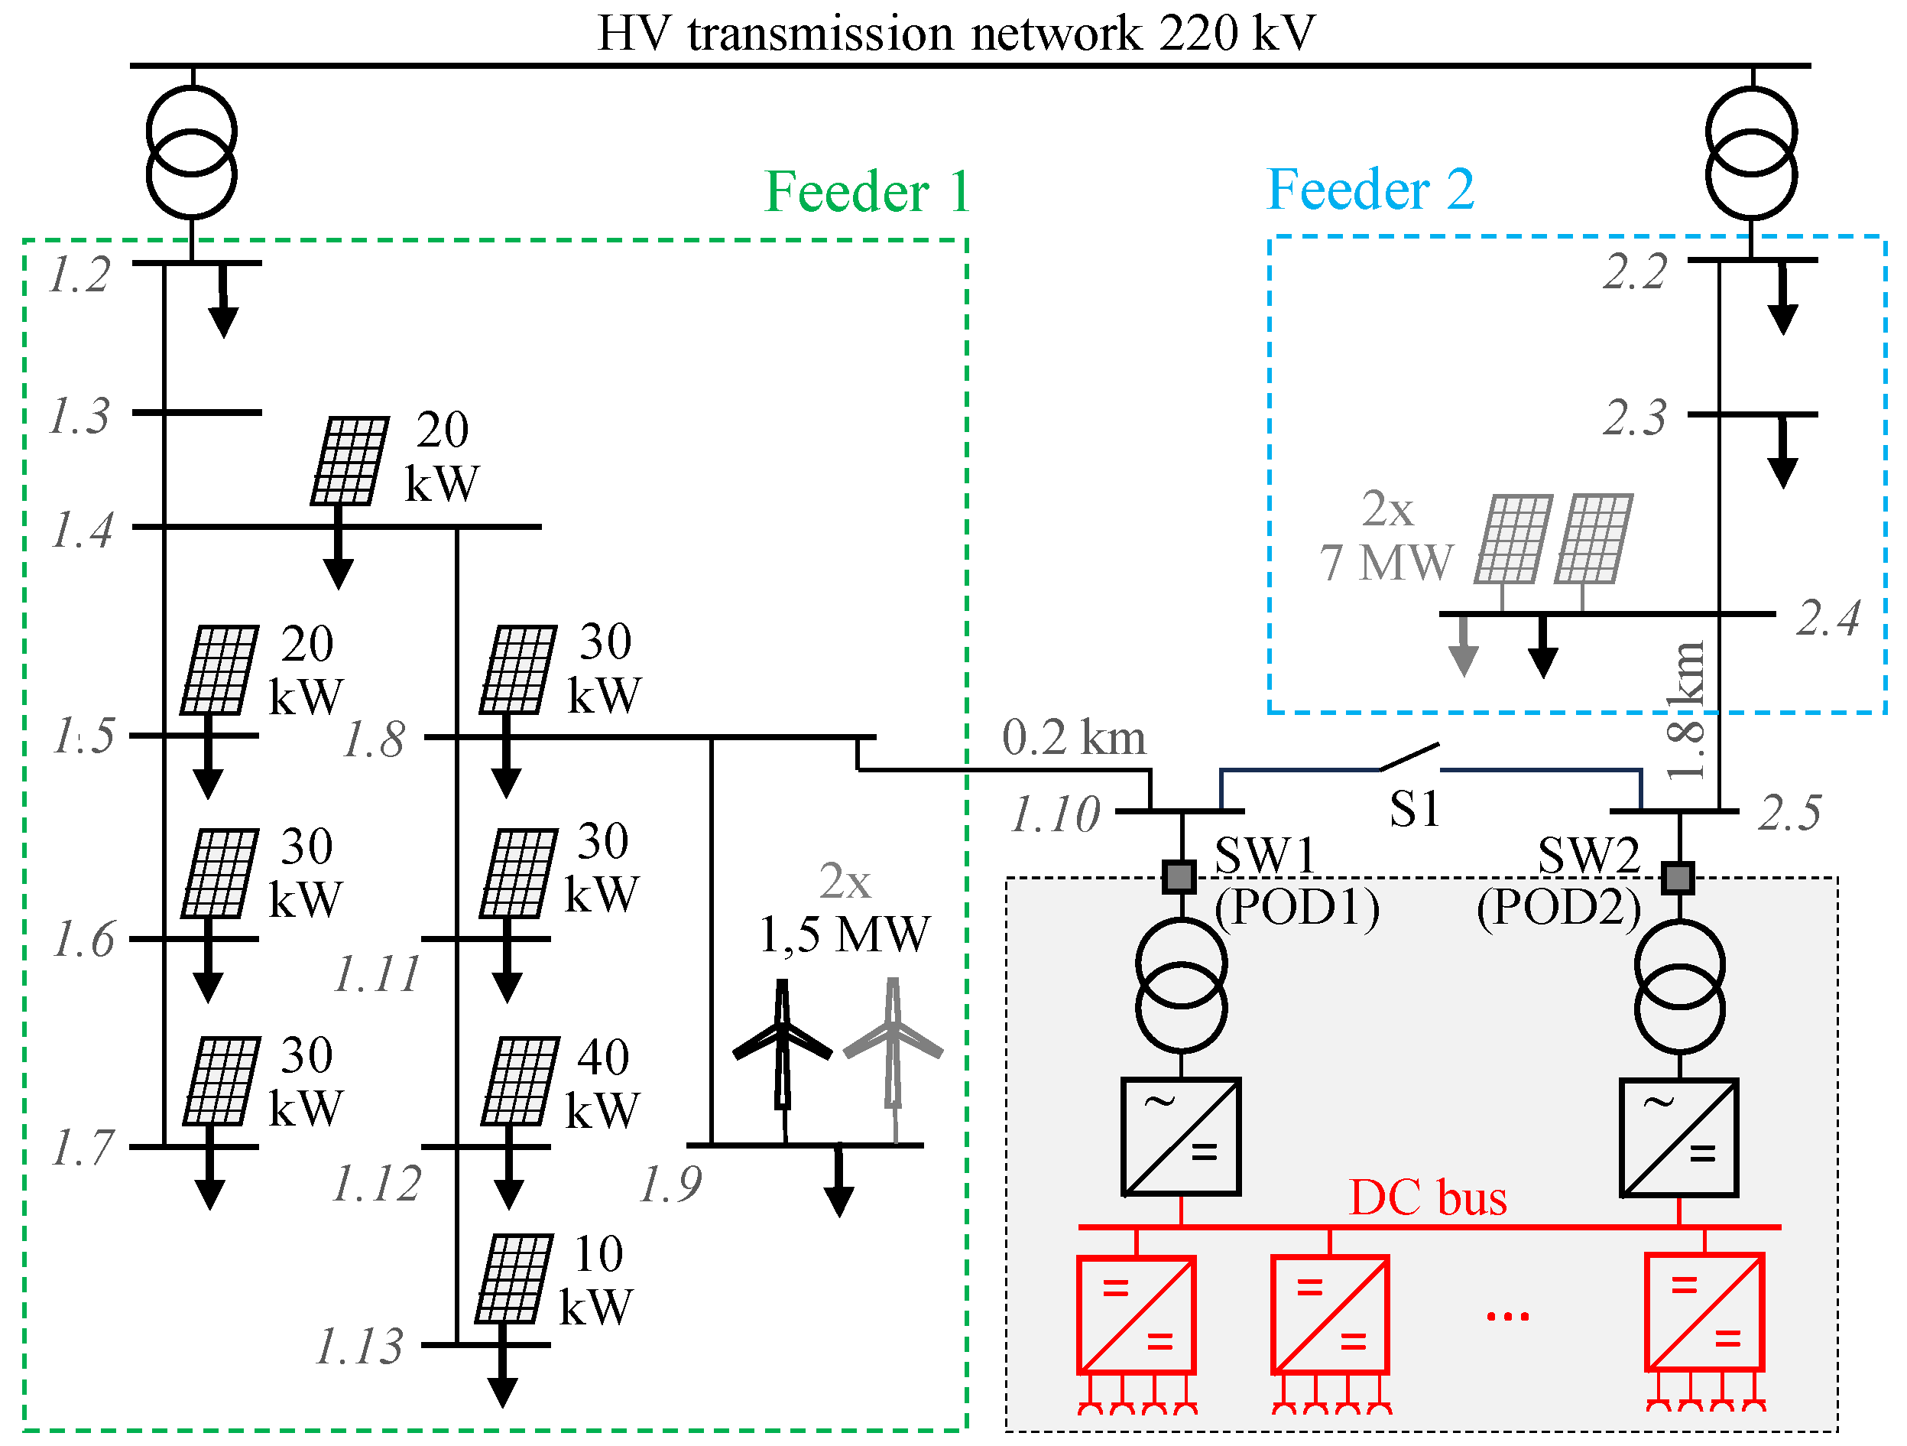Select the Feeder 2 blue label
pyautogui.click(x=1370, y=190)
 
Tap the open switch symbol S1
pyautogui.click(x=1409, y=757)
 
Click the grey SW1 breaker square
pyautogui.click(x=1179, y=877)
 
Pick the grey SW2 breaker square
pyautogui.click(x=1678, y=878)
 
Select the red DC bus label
pyautogui.click(x=1428, y=1197)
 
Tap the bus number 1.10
pyautogui.click(x=1056, y=814)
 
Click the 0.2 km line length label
pyautogui.click(x=1073, y=738)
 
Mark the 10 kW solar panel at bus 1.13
pyautogui.click(x=514, y=1278)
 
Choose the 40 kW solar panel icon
pyautogui.click(x=520, y=1081)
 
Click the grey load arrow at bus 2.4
pyautogui.click(x=1463, y=648)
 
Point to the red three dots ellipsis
pyautogui.click(x=1508, y=1316)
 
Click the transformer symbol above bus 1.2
pyautogui.click(x=191, y=154)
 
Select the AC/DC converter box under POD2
pyautogui.click(x=1678, y=1137)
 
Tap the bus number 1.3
pyautogui.click(x=79, y=417)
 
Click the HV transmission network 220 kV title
pyautogui.click(x=956, y=34)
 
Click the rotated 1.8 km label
pyautogui.click(x=1685, y=710)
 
